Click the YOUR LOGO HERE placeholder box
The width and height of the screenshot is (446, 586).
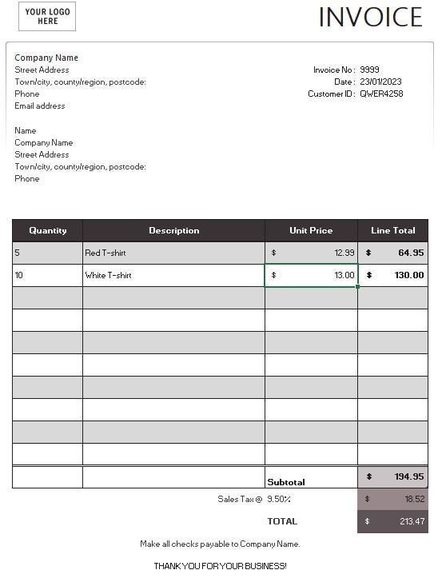pyautogui.click(x=47, y=16)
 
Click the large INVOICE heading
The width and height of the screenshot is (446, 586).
pyautogui.click(x=370, y=17)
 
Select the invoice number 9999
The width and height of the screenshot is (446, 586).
pyautogui.click(x=370, y=70)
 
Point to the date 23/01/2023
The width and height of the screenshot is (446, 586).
pyautogui.click(x=380, y=82)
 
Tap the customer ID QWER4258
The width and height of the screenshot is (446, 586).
pyautogui.click(x=381, y=94)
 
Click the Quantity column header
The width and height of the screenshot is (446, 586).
pyautogui.click(x=48, y=230)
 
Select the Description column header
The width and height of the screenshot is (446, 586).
pyautogui.click(x=173, y=230)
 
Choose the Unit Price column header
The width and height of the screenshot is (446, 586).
pyautogui.click(x=311, y=230)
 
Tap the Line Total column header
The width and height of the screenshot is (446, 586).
pyautogui.click(x=392, y=230)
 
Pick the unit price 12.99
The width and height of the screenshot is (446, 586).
pyautogui.click(x=344, y=253)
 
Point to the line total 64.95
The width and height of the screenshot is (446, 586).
pyautogui.click(x=411, y=253)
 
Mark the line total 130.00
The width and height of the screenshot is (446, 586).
pyautogui.click(x=408, y=275)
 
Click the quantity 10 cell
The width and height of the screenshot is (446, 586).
pyautogui.click(x=48, y=275)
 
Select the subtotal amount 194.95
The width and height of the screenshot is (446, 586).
pyautogui.click(x=408, y=476)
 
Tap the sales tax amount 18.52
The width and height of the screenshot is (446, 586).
pyautogui.click(x=414, y=498)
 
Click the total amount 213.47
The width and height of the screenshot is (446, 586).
pyautogui.click(x=411, y=521)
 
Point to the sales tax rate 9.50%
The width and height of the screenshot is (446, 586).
pyautogui.click(x=278, y=499)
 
